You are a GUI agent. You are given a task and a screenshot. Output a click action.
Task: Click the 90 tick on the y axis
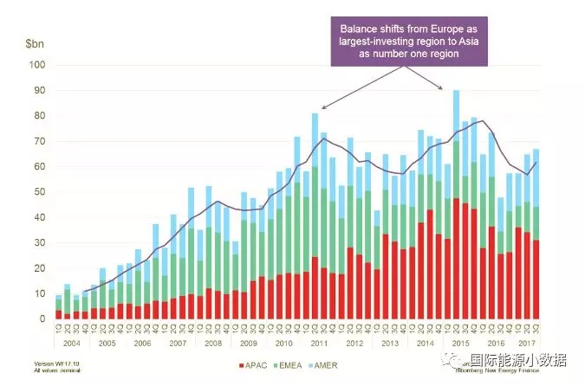click(x=37, y=90)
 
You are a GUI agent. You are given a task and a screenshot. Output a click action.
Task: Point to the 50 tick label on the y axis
click(x=37, y=192)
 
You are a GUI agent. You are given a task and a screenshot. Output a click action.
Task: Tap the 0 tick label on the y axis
click(x=41, y=319)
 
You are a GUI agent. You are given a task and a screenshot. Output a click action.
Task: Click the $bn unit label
click(x=36, y=42)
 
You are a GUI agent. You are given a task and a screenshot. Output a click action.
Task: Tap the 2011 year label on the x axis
click(x=320, y=342)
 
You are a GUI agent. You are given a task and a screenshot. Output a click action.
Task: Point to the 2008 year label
click(x=213, y=342)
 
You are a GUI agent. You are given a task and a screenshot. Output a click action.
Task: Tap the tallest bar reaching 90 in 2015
click(x=456, y=203)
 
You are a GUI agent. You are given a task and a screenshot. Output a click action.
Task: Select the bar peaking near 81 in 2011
click(x=315, y=216)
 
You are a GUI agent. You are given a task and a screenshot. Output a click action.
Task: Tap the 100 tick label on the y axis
click(x=36, y=65)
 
